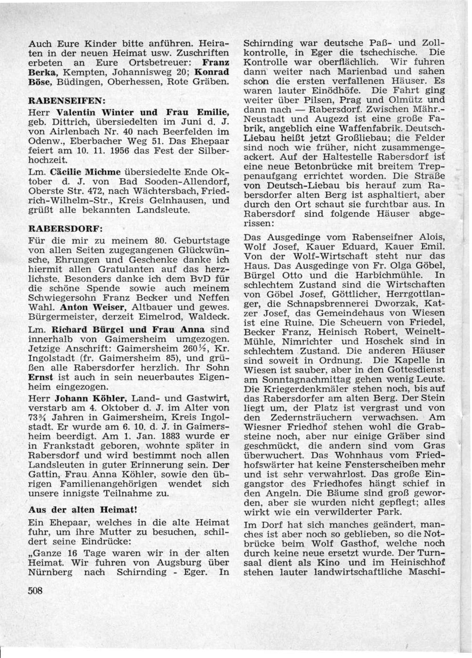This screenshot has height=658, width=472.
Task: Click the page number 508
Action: pyautogui.click(x=35, y=591)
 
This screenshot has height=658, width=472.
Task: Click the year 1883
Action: pyautogui.click(x=170, y=436)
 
